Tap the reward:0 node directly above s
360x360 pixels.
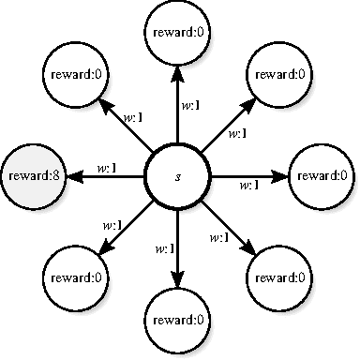click(178, 33)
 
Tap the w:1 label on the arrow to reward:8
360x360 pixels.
click(106, 168)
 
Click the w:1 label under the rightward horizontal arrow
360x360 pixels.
click(248, 185)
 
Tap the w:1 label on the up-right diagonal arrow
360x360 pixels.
click(236, 133)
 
